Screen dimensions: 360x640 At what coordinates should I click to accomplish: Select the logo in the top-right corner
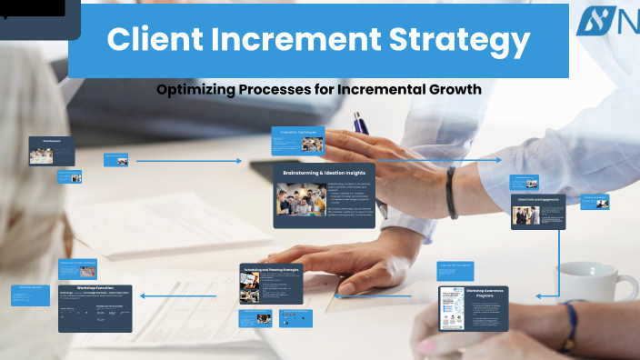coord(605,21)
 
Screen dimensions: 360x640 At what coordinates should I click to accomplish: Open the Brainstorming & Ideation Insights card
coord(324,195)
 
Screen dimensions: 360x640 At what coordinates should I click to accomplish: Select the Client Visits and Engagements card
coord(537,211)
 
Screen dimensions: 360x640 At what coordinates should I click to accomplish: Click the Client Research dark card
coord(51,150)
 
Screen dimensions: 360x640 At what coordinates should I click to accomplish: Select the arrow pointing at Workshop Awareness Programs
coord(545,295)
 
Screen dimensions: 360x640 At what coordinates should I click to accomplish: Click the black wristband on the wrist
coord(451,192)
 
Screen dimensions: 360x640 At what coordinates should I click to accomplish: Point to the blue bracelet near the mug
coord(570,324)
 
